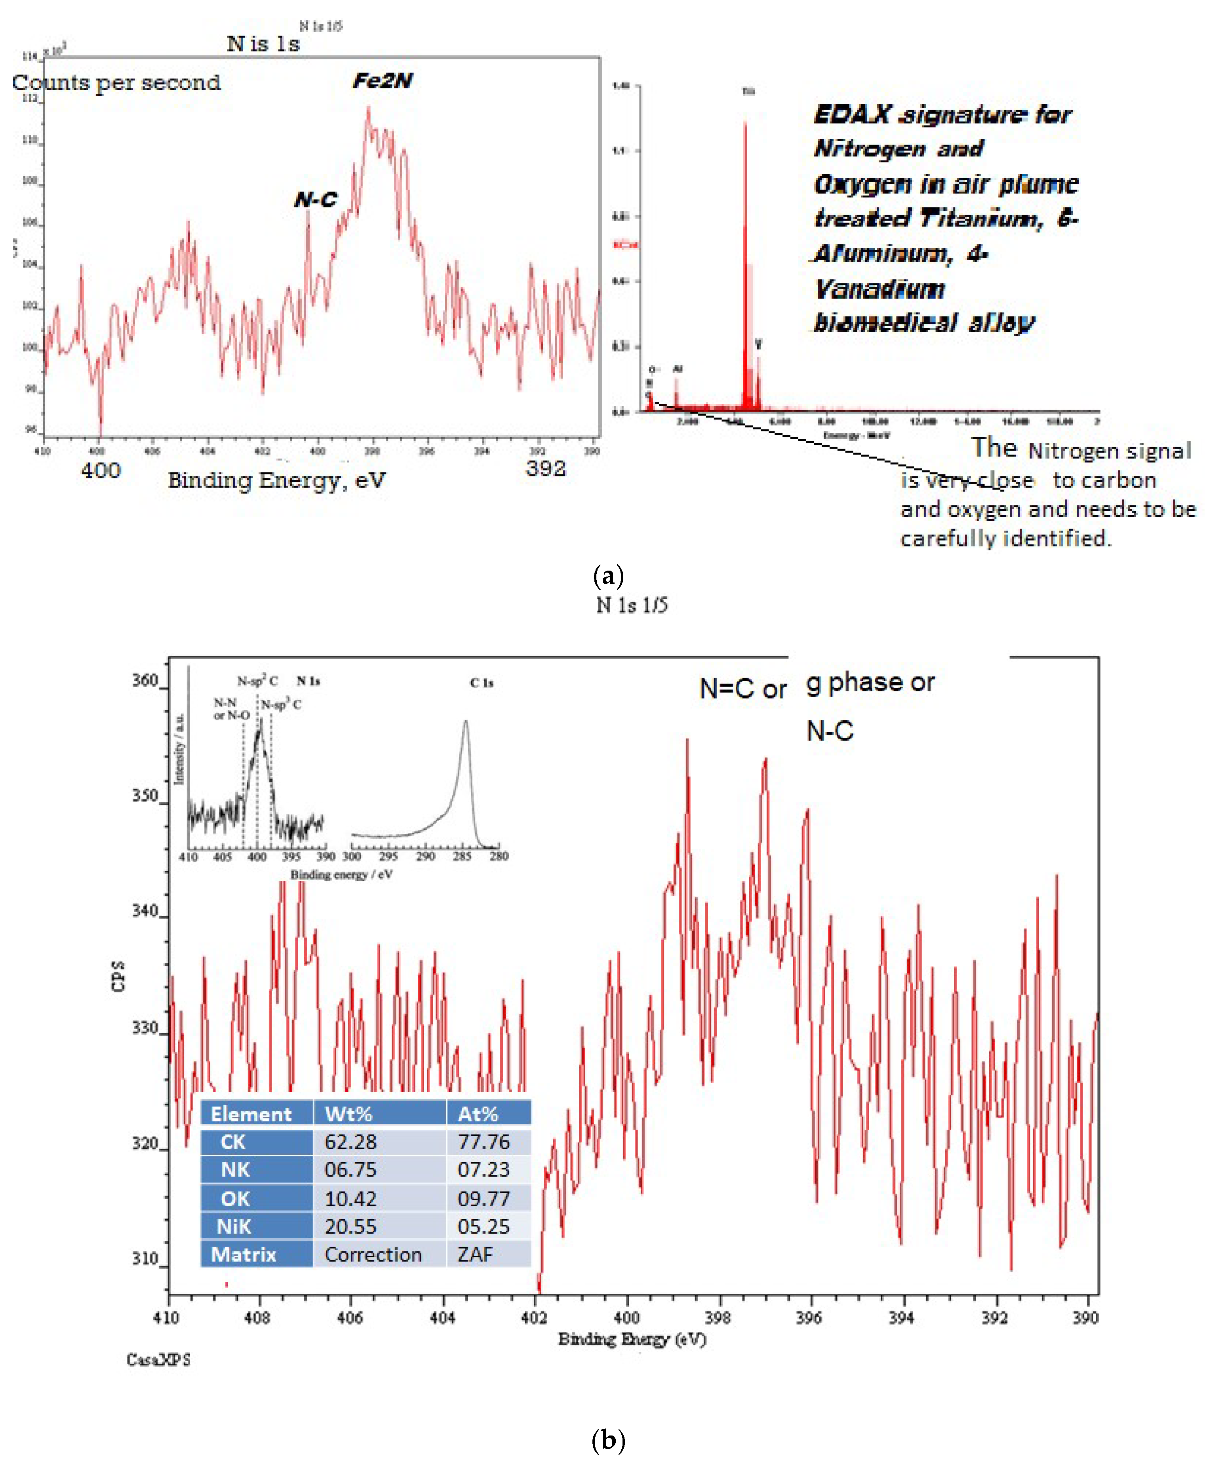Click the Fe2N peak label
(383, 81)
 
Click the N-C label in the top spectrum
(316, 200)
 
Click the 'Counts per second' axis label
(116, 83)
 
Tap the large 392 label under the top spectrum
(546, 468)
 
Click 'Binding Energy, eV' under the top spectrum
(276, 480)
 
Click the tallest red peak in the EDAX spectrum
(746, 125)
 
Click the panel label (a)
(609, 575)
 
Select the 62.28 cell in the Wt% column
(350, 1142)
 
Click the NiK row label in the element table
(234, 1226)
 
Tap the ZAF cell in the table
(475, 1255)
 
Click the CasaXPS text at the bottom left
(158, 1359)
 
